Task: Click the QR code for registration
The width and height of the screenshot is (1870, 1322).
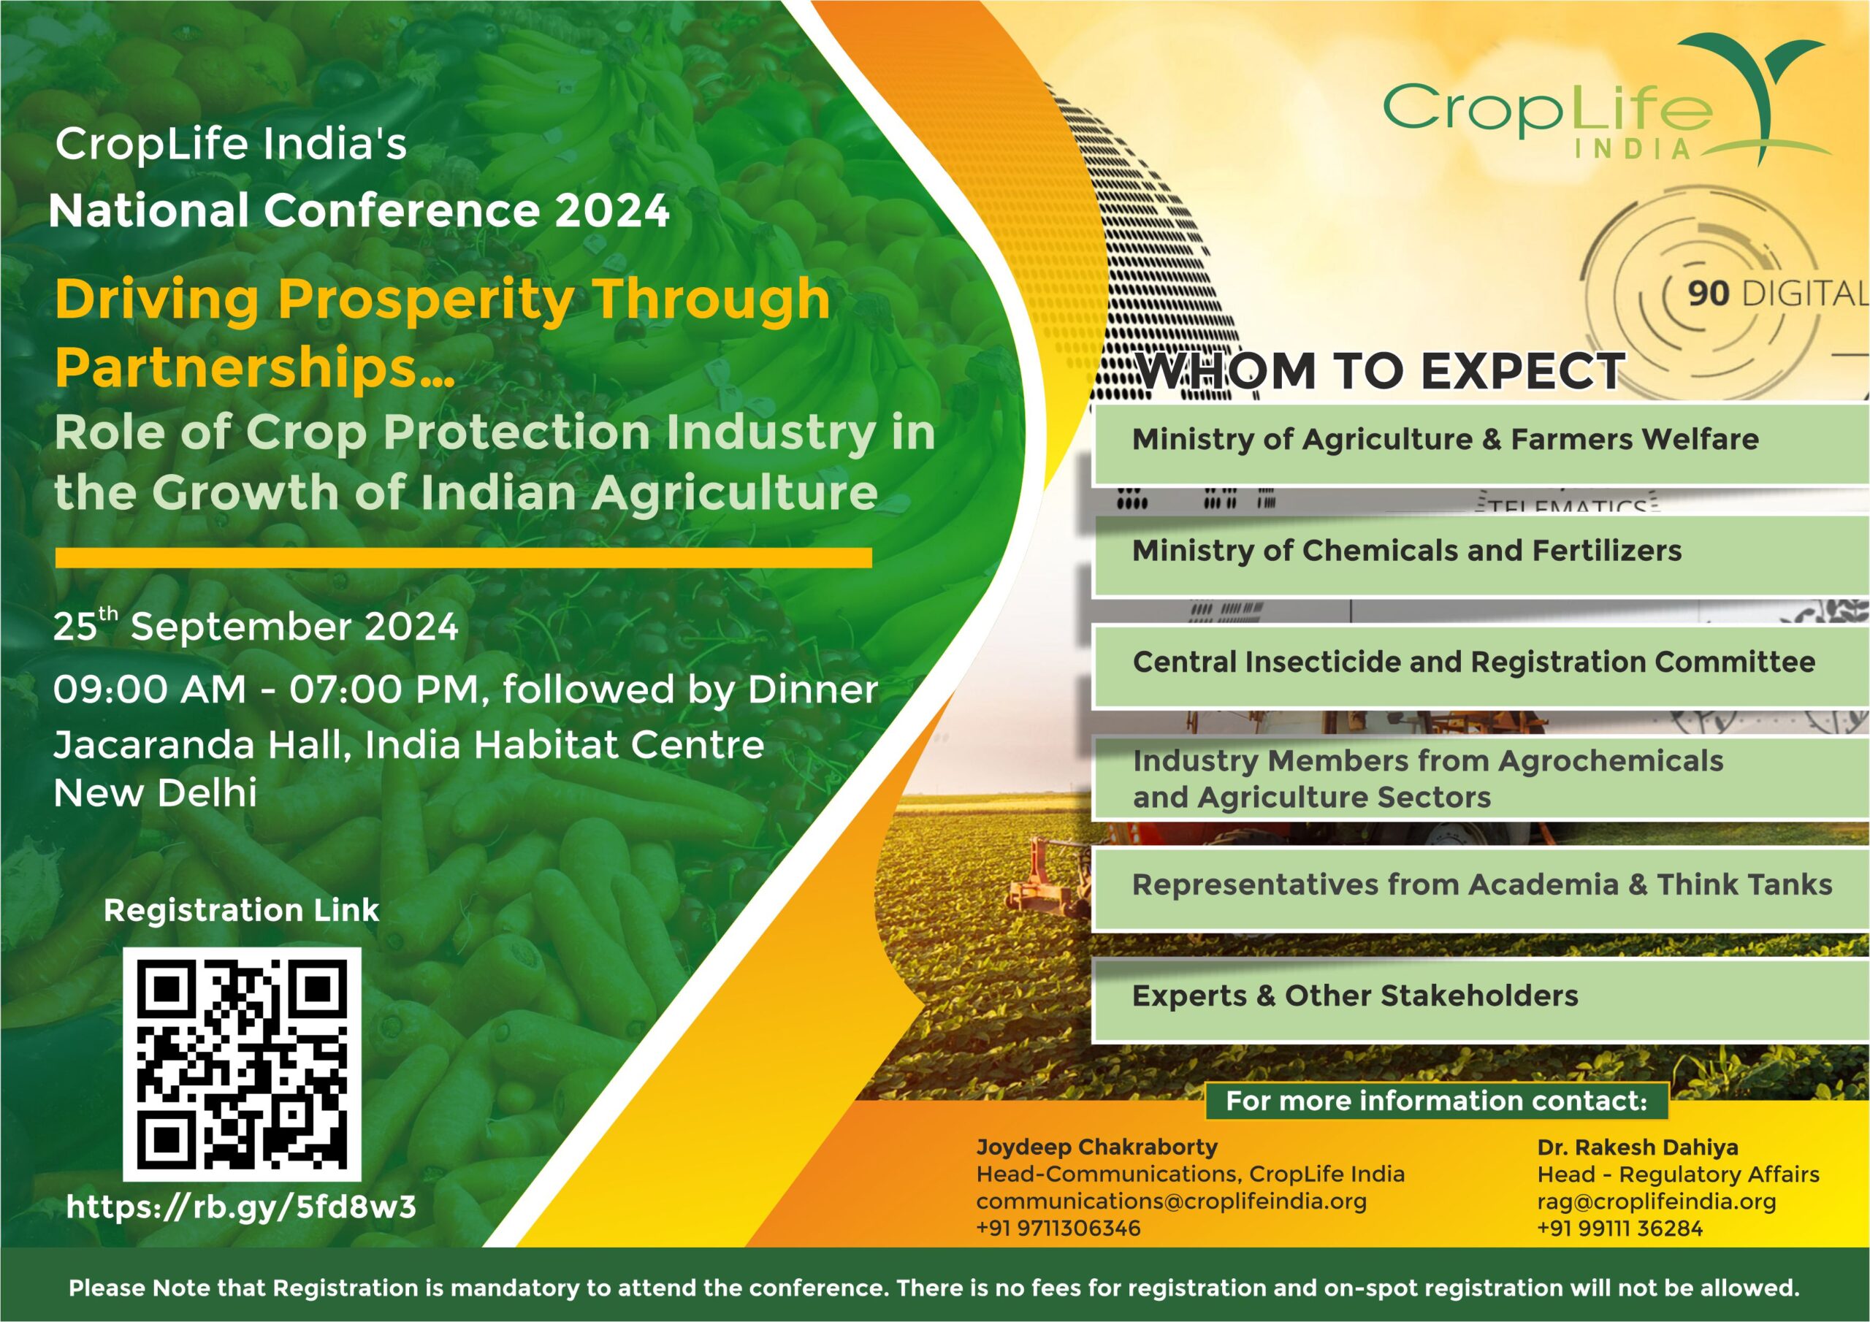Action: click(x=242, y=1063)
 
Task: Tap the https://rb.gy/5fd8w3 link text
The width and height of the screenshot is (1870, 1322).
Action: click(x=241, y=1207)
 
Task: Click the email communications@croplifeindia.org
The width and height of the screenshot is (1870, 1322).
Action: click(x=1171, y=1201)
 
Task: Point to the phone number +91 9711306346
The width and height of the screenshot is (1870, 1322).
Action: click(x=1058, y=1229)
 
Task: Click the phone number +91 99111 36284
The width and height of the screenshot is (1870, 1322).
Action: click(x=1619, y=1229)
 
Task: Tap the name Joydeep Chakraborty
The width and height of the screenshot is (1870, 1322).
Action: click(x=1096, y=1147)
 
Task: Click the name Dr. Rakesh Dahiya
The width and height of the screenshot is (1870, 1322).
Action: click(x=1637, y=1147)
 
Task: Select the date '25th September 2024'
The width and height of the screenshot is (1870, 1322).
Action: click(x=256, y=625)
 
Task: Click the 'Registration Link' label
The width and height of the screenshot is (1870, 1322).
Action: click(x=241, y=910)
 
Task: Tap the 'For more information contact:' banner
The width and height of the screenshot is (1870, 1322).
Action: click(x=1436, y=1101)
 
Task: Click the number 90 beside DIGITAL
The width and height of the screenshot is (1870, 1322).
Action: click(x=1707, y=293)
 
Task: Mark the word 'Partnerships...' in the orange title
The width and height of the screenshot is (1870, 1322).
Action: click(x=254, y=368)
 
